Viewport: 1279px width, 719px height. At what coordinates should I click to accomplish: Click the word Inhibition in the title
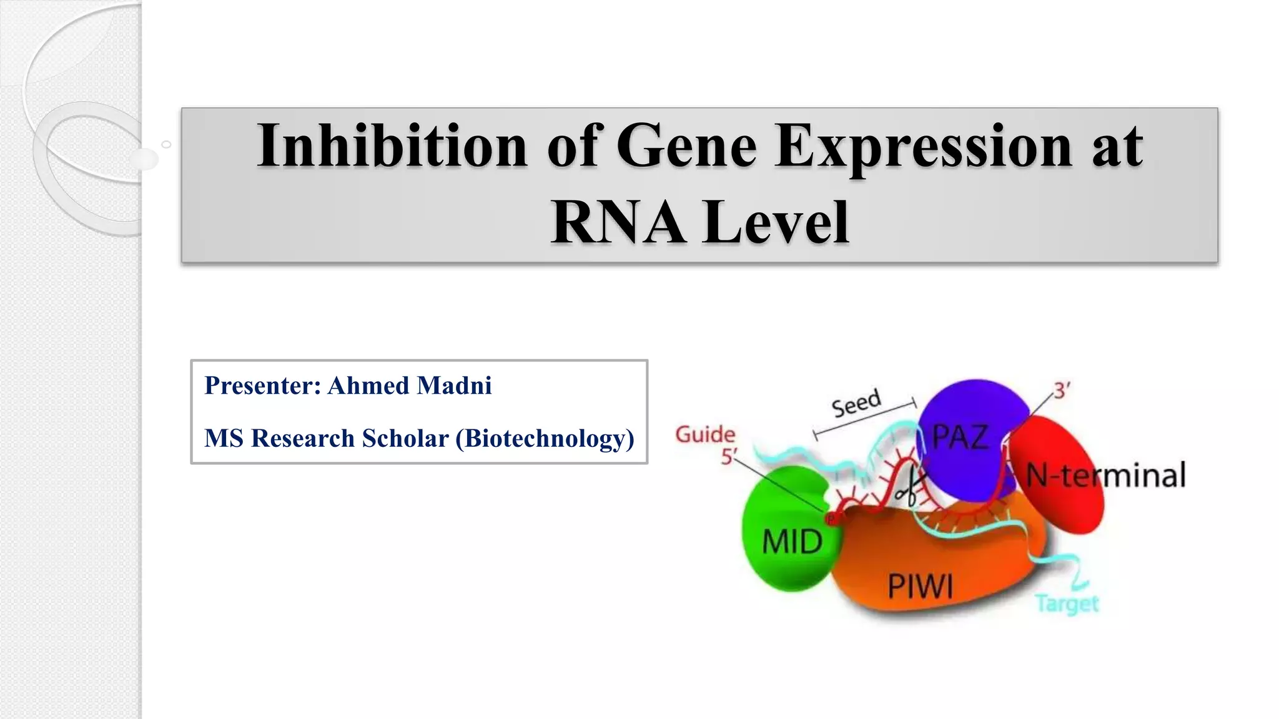coord(392,146)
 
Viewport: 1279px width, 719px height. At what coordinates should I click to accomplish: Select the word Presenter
coord(262,386)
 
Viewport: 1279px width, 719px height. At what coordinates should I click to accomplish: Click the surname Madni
coord(454,386)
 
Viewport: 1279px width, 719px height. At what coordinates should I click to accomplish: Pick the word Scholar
coord(405,438)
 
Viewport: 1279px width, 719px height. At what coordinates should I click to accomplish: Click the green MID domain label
coord(792,540)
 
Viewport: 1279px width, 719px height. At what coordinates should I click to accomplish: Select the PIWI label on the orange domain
coord(921,586)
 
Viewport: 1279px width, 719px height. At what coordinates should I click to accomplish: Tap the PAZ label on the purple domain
coord(960,436)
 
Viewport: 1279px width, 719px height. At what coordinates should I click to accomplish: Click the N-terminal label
coord(1105,476)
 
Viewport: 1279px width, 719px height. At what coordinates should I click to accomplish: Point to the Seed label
coord(856,403)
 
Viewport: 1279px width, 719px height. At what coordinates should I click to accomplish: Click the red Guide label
coord(705,434)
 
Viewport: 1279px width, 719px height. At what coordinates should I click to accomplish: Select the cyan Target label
coord(1067,604)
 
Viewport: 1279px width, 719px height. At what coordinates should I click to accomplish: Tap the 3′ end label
coord(1062,391)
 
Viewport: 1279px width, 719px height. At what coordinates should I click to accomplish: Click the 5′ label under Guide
coord(729,457)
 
